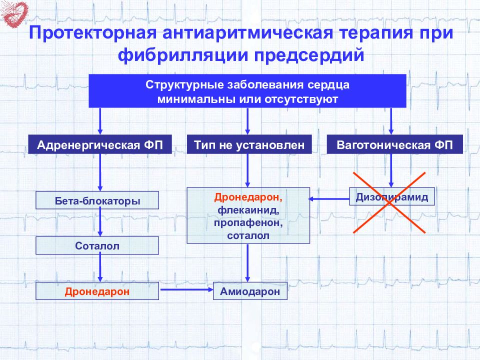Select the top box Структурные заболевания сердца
coord(247,91)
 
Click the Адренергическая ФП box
coord(100,145)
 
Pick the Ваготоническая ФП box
coord(394,145)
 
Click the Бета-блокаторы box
coord(97,201)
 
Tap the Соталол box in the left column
coord(97,245)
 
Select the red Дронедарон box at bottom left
coord(97,291)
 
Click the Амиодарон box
coord(250,291)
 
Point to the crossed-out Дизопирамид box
coord(392,197)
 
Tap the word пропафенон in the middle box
coord(248,223)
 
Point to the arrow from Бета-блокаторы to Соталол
coord(100,222)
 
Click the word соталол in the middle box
coord(248,235)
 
